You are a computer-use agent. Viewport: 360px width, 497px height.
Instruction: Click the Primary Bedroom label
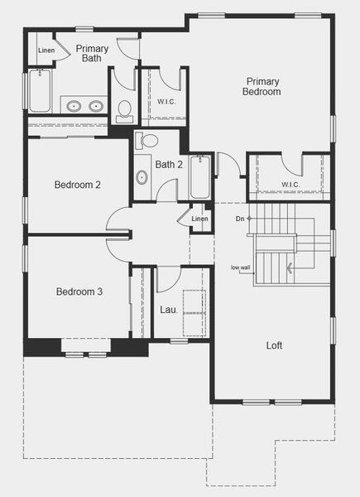point(262,86)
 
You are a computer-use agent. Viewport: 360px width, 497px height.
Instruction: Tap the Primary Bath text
point(92,54)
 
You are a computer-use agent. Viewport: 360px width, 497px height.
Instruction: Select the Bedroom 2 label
point(78,185)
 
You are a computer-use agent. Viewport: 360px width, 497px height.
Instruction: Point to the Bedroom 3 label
point(79,292)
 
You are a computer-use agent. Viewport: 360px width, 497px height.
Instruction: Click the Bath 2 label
point(169,165)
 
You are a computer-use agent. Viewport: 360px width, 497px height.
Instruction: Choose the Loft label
point(274,345)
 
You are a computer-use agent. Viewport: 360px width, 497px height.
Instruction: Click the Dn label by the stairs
point(239,219)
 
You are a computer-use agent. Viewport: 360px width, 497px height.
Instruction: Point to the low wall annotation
point(242,267)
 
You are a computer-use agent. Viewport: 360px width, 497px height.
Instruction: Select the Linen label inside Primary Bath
point(46,51)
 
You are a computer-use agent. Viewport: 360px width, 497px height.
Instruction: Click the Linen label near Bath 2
point(199,219)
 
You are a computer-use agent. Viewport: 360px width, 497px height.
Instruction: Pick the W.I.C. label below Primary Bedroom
point(290,184)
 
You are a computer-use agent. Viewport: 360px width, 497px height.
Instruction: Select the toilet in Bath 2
point(147,140)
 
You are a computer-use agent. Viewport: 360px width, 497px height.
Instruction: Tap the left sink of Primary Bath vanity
point(74,105)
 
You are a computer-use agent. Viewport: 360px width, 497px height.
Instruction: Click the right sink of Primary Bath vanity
point(96,105)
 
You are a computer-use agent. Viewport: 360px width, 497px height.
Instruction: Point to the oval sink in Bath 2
point(142,176)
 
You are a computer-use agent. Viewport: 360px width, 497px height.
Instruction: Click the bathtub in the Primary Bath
point(40,91)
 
